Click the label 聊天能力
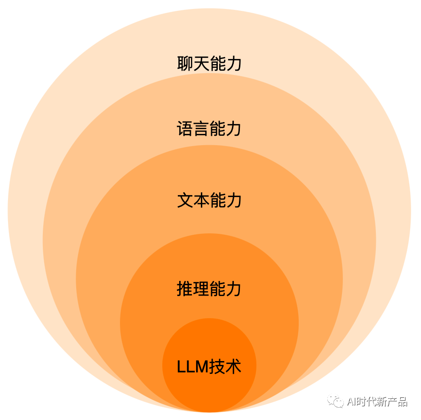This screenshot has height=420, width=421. point(209,64)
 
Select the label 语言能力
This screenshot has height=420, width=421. point(209,128)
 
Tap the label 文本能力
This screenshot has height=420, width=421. point(209,200)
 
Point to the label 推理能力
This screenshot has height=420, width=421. point(209,288)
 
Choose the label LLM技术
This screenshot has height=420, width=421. point(209,366)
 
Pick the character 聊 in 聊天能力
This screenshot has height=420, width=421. point(185,64)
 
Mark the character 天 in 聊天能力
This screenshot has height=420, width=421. point(201,64)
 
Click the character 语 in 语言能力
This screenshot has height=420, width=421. point(185,128)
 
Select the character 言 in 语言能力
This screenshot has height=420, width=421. point(201,128)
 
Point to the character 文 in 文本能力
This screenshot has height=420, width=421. point(185,200)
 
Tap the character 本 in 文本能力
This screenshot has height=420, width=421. point(201,200)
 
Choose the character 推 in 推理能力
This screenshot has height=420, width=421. point(185,288)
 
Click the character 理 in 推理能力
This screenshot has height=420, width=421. point(201,288)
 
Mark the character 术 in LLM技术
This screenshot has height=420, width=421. point(233,366)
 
